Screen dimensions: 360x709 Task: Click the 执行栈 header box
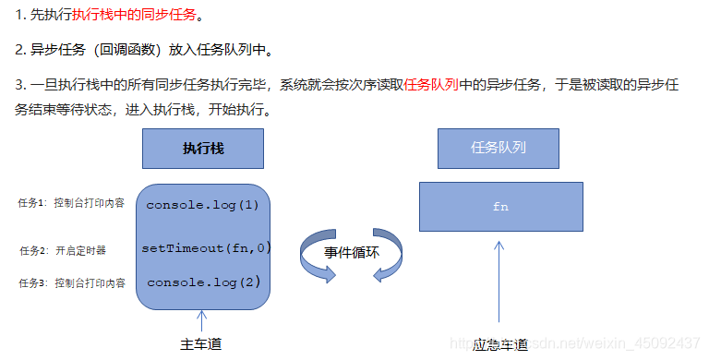(x=203, y=148)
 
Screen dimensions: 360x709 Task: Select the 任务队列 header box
(x=499, y=148)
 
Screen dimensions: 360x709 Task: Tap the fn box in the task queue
(x=500, y=206)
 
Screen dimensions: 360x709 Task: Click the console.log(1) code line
(x=202, y=204)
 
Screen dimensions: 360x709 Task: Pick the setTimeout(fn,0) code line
(x=205, y=248)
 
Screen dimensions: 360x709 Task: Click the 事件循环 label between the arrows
(x=351, y=252)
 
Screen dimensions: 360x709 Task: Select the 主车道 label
(x=201, y=344)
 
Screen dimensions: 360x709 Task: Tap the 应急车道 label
(x=499, y=345)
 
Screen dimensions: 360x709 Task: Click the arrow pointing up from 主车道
(x=201, y=321)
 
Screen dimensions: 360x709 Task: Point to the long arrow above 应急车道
(x=499, y=286)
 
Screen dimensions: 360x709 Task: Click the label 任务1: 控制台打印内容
(x=71, y=203)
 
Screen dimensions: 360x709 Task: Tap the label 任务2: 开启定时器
(x=63, y=250)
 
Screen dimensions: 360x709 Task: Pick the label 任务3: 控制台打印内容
(x=71, y=282)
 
